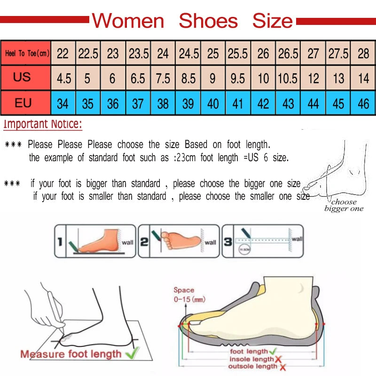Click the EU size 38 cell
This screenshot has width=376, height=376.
point(163,103)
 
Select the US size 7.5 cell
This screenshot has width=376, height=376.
point(163,78)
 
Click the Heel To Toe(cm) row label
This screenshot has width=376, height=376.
point(27,53)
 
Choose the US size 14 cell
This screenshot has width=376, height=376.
point(363,78)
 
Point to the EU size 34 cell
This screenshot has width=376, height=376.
point(63,103)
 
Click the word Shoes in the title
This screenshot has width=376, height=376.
point(208,21)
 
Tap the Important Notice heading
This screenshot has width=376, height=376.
point(43,125)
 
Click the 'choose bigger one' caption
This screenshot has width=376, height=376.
point(344,205)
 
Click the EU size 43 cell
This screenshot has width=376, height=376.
point(288,103)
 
